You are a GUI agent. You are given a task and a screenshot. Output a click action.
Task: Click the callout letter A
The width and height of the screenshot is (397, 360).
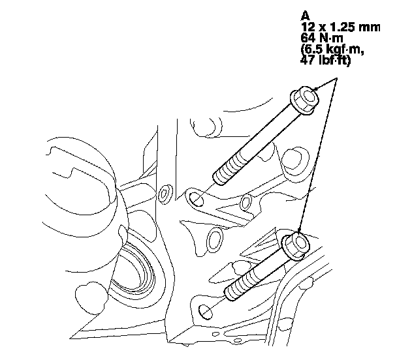tap(306, 16)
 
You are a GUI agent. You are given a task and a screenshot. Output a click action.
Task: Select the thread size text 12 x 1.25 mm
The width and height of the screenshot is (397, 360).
tap(341, 27)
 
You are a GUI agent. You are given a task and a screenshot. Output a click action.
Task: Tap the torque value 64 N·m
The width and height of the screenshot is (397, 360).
tap(322, 38)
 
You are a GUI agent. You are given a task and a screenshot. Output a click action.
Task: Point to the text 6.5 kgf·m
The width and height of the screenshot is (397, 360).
tap(332, 50)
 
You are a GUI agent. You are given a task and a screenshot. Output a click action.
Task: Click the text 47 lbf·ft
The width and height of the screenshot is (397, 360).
tap(326, 61)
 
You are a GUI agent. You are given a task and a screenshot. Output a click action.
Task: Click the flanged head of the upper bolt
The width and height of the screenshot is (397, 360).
tap(305, 100)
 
